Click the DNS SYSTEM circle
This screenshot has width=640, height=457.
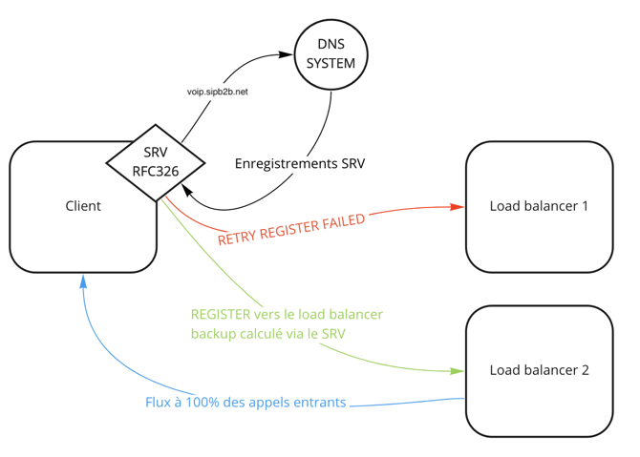pos(330,54)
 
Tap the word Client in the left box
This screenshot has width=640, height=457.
pos(83,206)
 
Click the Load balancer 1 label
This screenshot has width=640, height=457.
pos(539,206)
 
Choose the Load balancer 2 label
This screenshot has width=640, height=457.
pos(539,370)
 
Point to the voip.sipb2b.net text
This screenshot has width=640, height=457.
pos(218,92)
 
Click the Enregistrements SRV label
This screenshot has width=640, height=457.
pos(300,163)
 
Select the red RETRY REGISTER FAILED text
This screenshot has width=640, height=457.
pos(291,229)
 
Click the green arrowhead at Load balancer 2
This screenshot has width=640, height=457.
pos(459,371)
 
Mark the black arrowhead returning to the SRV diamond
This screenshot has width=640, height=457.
pos(186,191)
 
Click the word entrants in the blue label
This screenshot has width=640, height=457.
pos(318,403)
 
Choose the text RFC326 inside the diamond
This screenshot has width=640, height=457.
pos(155,173)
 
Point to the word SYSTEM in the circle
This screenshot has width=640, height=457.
pos(330,64)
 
